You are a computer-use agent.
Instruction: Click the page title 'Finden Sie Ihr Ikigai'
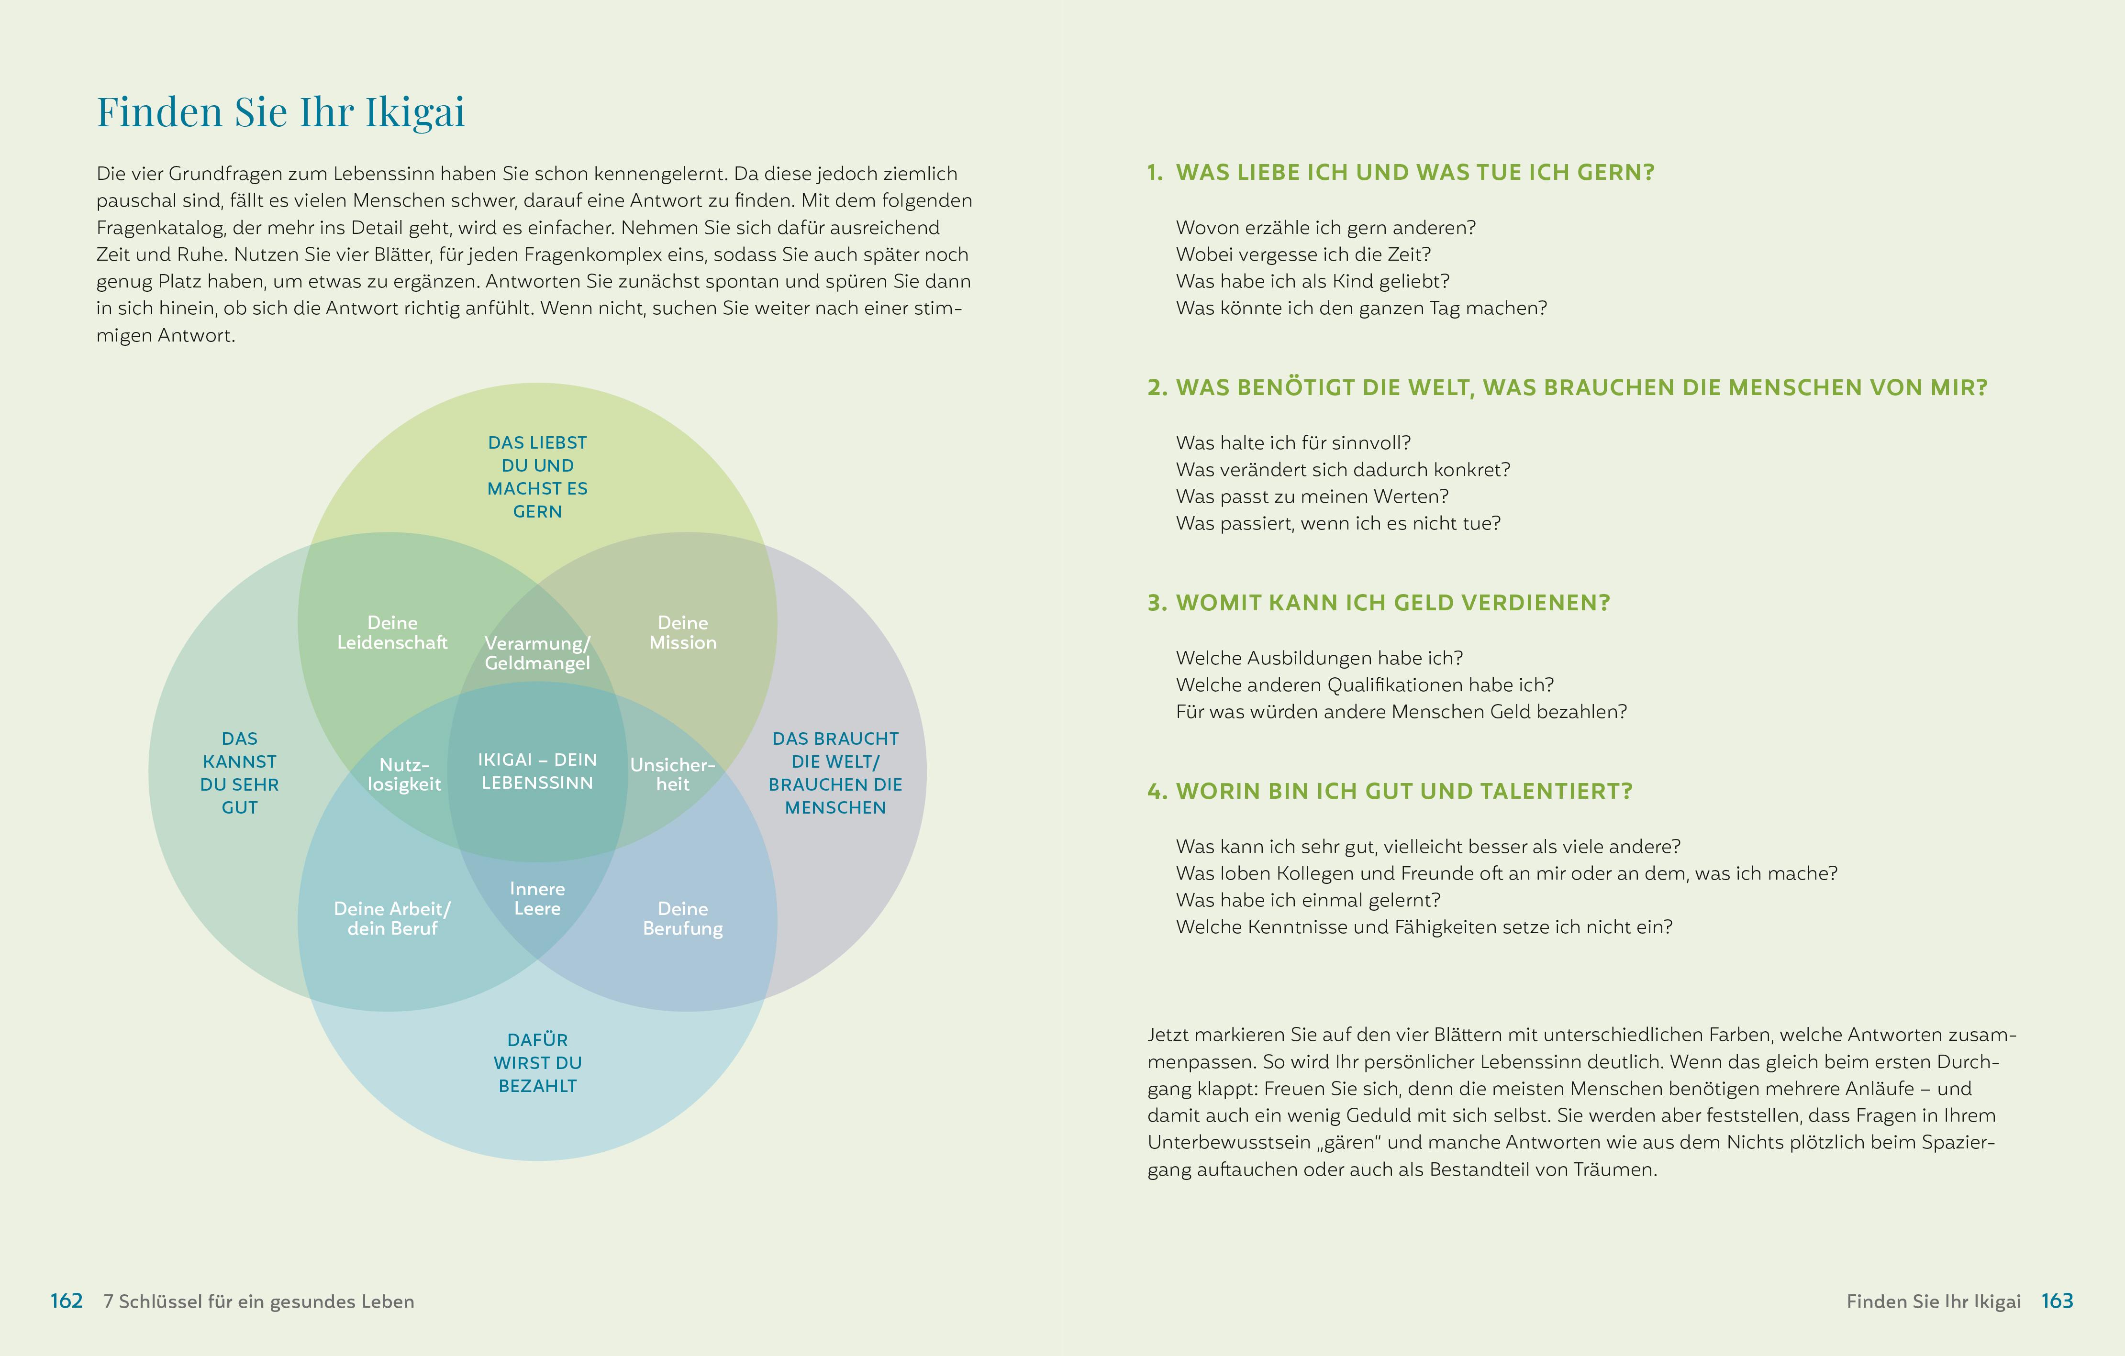click(x=280, y=112)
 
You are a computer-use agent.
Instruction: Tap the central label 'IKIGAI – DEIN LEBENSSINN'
click(x=537, y=771)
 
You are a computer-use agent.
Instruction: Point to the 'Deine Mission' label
click(x=683, y=633)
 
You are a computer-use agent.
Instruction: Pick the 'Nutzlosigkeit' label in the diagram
click(x=404, y=774)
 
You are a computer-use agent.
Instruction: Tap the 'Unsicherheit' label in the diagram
click(x=672, y=774)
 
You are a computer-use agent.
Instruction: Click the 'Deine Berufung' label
click(x=683, y=918)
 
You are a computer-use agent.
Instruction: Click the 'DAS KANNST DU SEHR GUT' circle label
click(x=239, y=773)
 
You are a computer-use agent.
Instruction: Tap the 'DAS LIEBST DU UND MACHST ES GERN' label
click(x=537, y=476)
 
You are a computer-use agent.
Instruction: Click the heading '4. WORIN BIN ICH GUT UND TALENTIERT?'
click(x=1390, y=792)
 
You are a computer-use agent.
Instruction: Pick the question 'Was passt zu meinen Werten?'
click(x=1312, y=496)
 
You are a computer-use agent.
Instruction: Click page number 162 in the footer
click(x=66, y=1301)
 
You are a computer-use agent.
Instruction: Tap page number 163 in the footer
click(x=2057, y=1301)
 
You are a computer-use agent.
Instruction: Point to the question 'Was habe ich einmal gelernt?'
click(x=1308, y=900)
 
